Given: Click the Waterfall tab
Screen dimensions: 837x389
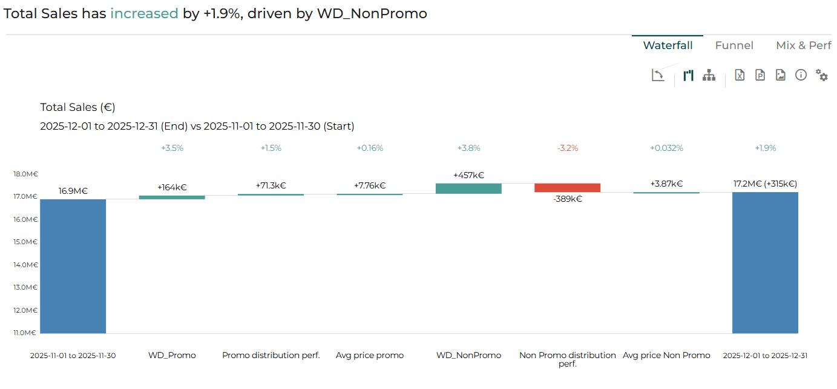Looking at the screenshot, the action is (668, 45).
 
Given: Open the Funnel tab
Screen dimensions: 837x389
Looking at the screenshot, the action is (734, 45).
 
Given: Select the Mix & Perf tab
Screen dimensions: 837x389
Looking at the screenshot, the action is (803, 45).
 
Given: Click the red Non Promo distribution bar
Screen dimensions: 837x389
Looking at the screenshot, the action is (567, 188).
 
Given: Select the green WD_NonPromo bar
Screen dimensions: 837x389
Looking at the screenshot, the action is (468, 188).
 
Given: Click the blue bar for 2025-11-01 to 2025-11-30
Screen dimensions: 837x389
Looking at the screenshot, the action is (73, 266).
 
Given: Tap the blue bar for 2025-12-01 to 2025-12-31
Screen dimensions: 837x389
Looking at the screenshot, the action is (765, 262).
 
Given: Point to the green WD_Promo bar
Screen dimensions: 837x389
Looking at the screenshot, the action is (172, 197).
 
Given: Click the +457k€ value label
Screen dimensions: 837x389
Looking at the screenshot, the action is (468, 175).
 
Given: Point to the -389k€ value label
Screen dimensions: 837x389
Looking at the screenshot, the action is (567, 199).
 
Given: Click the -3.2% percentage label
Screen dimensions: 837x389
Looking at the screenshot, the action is (567, 148).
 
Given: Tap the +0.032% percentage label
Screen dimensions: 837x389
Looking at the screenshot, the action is (666, 148).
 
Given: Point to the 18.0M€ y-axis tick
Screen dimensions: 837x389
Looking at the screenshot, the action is (26, 174).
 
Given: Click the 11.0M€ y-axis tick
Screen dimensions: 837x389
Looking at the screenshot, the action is (25, 333).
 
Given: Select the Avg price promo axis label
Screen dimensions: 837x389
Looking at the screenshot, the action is (370, 355).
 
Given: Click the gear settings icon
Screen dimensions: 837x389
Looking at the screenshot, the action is (822, 75).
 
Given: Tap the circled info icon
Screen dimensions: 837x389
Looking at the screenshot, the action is (801, 75).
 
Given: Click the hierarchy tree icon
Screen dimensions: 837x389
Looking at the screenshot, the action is (709, 75).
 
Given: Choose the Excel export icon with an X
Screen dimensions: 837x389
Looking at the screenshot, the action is (740, 75).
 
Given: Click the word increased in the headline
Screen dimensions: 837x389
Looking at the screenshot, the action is (144, 13).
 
